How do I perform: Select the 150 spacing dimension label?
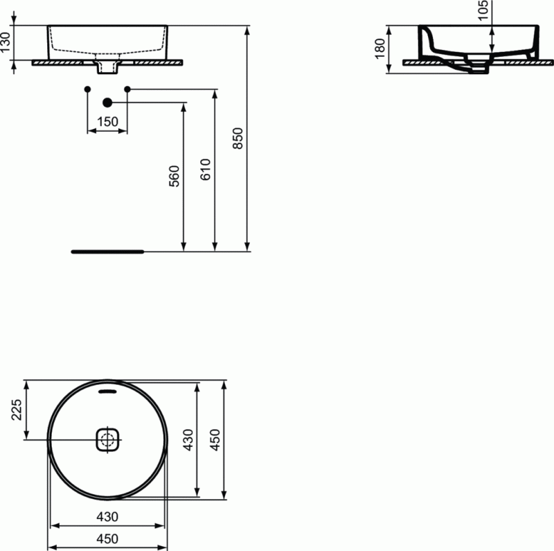pos(107,122)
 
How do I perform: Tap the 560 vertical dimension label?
pos(175,176)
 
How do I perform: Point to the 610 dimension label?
pos(206,170)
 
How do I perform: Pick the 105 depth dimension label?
pos(483,10)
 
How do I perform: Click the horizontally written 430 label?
pos(107,516)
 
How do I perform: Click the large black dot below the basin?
pos(107,103)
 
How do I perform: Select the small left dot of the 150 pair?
pos(87,89)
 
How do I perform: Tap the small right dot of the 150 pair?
pos(127,89)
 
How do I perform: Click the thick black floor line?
pos(107,252)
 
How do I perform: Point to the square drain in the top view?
pos(107,439)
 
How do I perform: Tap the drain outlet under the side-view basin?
pos(478,70)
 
